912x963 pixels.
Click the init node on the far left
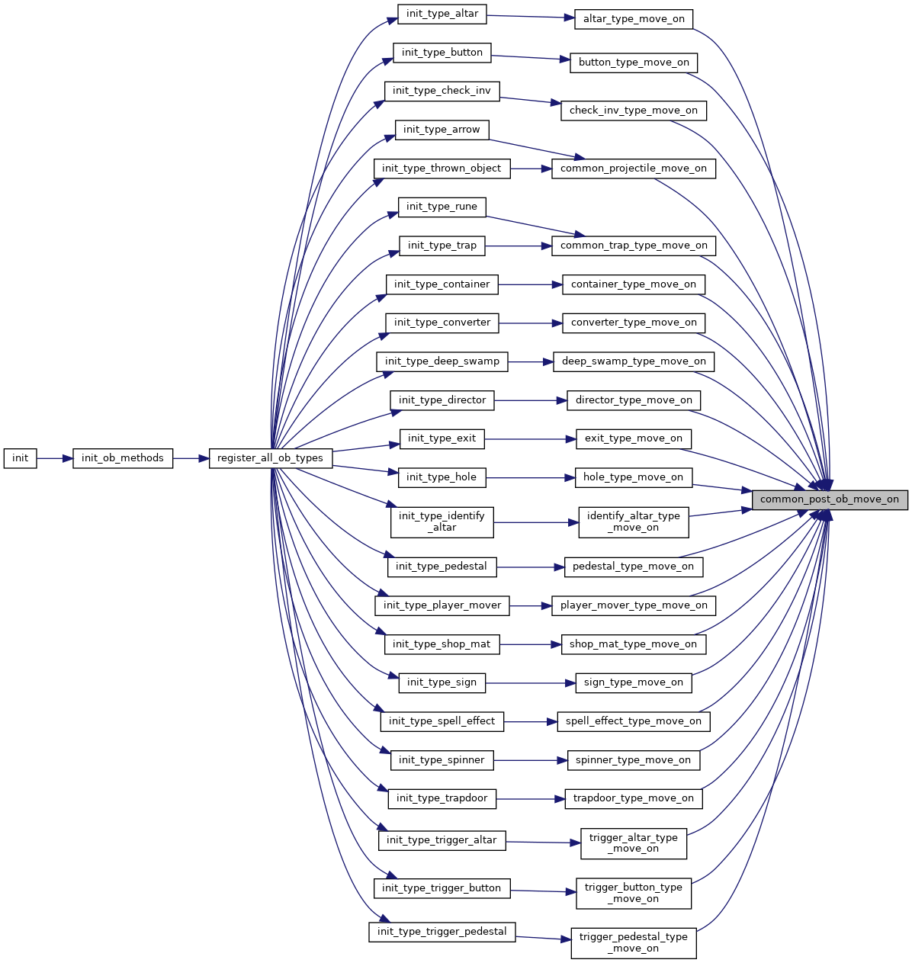click(x=20, y=458)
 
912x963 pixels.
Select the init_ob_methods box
click(x=123, y=458)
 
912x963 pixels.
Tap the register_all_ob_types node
click(x=271, y=458)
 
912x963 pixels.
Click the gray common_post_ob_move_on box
click(x=830, y=500)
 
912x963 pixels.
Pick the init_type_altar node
click(x=442, y=14)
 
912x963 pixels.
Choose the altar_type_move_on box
click(x=634, y=20)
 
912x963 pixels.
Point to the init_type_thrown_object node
click(x=442, y=169)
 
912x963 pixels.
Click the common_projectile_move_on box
click(x=634, y=169)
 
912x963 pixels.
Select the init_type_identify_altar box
click(x=442, y=522)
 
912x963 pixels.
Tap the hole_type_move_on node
click(x=634, y=477)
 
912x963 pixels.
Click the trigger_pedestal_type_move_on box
click(x=634, y=943)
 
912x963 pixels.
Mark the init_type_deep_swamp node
click(x=442, y=362)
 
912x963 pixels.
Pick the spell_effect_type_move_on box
click(x=634, y=722)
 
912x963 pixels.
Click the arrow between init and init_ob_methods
click(x=55, y=458)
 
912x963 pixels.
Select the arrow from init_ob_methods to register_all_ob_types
click(x=191, y=458)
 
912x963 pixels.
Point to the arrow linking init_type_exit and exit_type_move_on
click(x=530, y=439)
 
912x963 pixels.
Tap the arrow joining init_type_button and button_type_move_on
click(x=531, y=58)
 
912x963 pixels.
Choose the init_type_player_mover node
click(x=442, y=606)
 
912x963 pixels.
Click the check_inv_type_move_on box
click(x=634, y=111)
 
